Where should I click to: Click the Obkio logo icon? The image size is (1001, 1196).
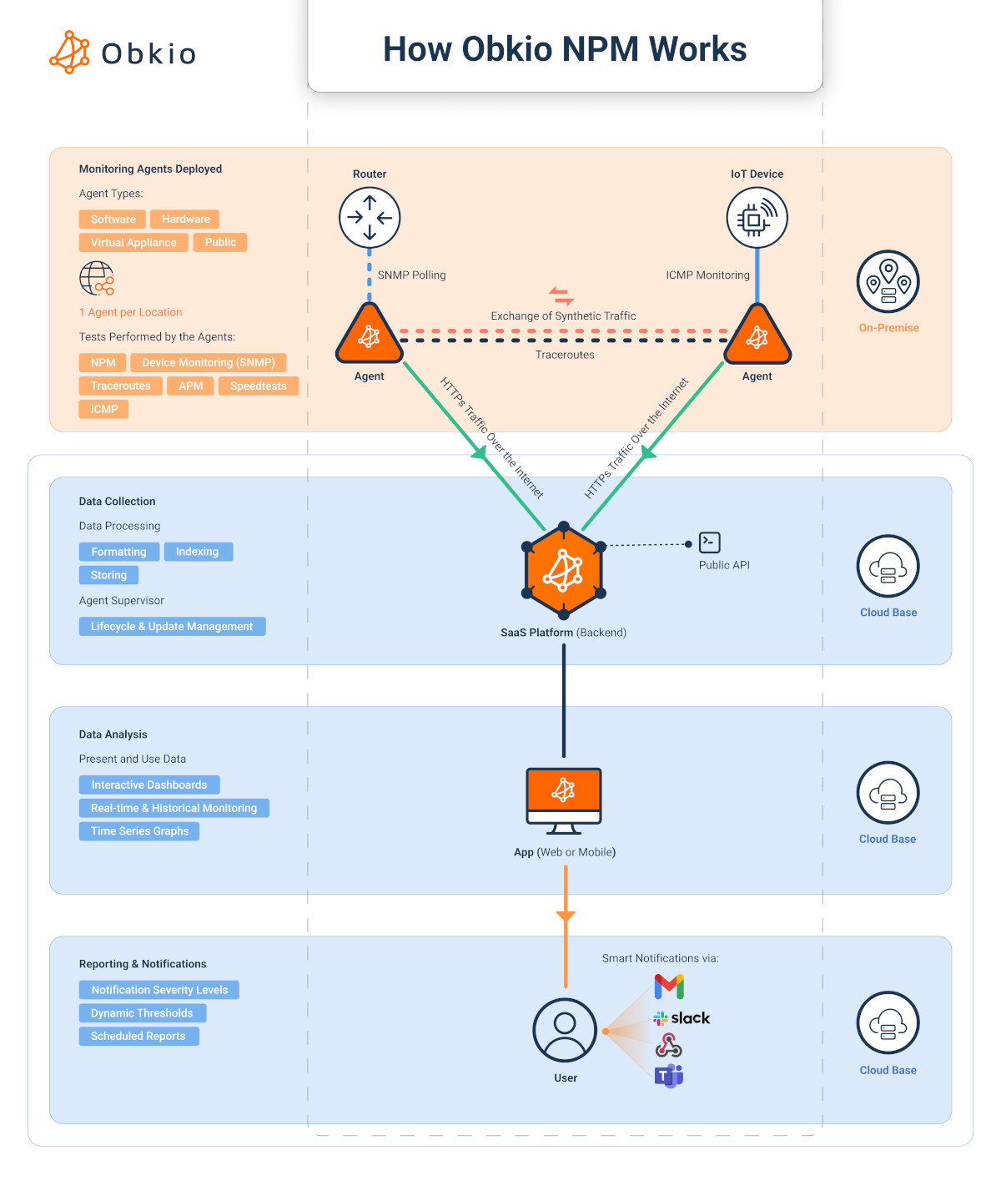click(x=69, y=53)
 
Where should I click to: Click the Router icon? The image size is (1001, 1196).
click(x=370, y=218)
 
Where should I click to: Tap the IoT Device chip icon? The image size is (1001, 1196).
click(x=757, y=218)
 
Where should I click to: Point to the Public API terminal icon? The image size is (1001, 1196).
click(x=709, y=542)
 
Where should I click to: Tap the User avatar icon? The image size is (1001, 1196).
click(x=565, y=1030)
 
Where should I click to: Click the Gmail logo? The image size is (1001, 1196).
click(x=669, y=987)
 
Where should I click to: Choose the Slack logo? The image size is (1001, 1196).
click(x=682, y=1018)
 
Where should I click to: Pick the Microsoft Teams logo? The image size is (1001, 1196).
click(x=669, y=1076)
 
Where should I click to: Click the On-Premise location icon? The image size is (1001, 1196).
click(x=888, y=282)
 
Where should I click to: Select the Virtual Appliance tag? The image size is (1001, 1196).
click(x=133, y=243)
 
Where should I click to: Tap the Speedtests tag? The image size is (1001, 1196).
click(x=258, y=386)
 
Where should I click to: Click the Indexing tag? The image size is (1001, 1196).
click(x=198, y=552)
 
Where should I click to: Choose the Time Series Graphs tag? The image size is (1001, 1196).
click(x=139, y=831)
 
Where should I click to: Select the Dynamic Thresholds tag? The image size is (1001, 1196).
click(x=142, y=1013)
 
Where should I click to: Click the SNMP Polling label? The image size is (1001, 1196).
click(x=411, y=275)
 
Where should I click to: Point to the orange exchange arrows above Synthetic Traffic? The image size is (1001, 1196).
click(x=561, y=296)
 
